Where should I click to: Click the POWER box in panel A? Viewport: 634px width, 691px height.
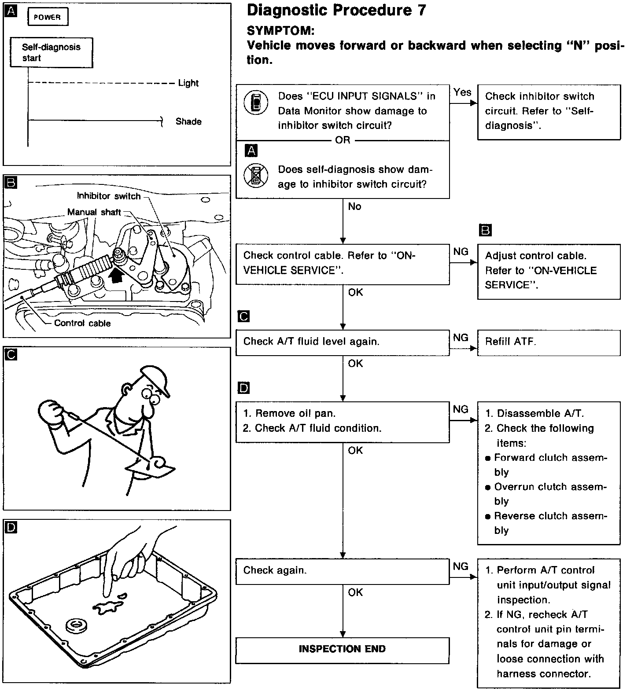pos(48,18)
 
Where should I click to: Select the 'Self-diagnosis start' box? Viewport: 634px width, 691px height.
pos(51,52)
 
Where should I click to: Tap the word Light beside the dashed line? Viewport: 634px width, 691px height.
pos(188,83)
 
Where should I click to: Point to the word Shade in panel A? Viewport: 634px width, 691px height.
pos(188,121)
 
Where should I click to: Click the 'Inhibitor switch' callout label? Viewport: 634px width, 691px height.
pos(109,196)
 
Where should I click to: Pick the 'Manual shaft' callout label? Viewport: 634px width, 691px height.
pos(94,212)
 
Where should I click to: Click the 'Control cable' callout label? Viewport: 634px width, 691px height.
pos(82,323)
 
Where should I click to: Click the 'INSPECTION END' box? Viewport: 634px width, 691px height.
pos(342,649)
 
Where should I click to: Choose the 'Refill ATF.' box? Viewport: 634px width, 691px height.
pos(549,342)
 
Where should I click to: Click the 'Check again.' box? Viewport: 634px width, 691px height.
pos(342,571)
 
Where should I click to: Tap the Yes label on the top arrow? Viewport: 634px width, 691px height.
pos(462,92)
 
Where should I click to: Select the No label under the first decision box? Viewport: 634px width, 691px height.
pos(354,206)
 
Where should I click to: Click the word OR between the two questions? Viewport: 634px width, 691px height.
pos(343,140)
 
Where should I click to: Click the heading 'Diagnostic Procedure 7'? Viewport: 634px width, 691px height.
pos(336,10)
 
